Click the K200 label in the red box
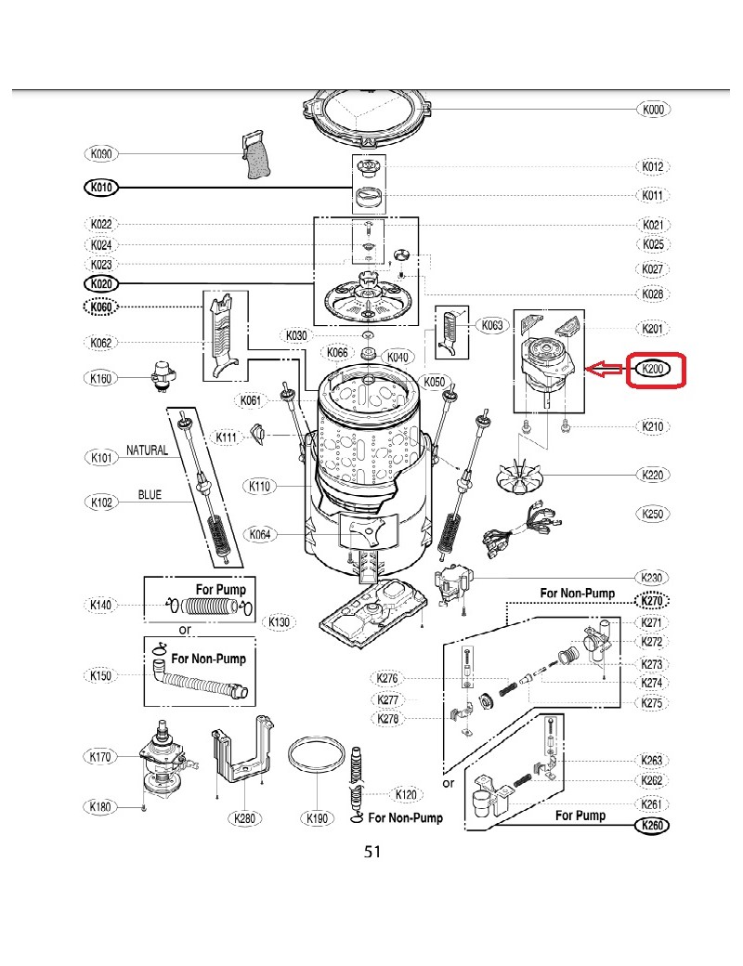point(653,370)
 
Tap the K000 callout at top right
point(654,110)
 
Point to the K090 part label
point(101,153)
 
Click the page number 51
point(372,852)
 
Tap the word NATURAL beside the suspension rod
point(147,450)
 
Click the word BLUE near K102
point(150,495)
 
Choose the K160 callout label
point(101,378)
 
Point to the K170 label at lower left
point(101,757)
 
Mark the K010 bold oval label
point(101,188)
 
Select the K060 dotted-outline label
point(101,307)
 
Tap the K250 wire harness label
point(654,513)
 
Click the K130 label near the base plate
point(279,621)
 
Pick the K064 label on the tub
point(262,534)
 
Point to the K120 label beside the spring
point(406,794)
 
